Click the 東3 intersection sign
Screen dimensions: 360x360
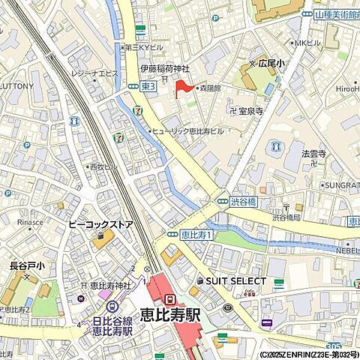coord(147,87)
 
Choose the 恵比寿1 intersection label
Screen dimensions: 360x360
coord(197,235)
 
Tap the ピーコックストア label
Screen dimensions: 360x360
coord(100,223)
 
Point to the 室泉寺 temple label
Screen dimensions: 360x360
coord(250,110)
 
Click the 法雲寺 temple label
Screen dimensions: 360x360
coord(314,153)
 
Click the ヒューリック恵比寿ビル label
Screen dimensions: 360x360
coord(188,130)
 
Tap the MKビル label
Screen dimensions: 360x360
coord(305,43)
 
